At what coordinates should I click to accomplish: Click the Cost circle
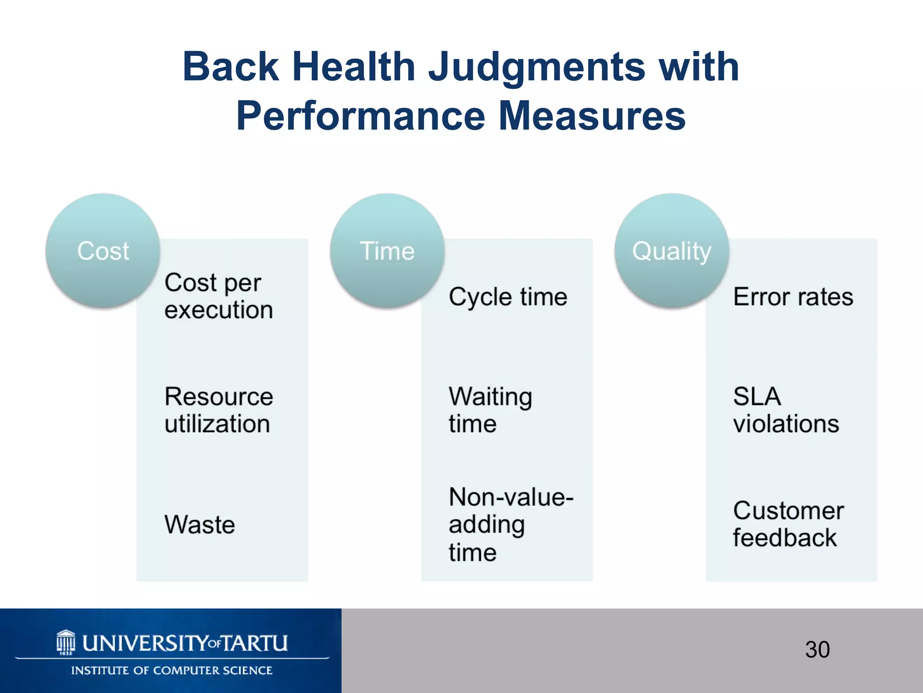(103, 251)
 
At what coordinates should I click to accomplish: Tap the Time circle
(387, 251)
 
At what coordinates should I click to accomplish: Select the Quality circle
(672, 251)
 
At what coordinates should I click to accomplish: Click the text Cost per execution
(219, 296)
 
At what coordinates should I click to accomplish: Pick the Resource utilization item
(219, 410)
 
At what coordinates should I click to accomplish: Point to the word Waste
(200, 524)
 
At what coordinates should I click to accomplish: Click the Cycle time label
(508, 297)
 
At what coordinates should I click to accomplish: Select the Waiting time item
(490, 410)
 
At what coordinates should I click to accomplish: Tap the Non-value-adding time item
(511, 524)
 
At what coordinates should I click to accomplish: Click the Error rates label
(793, 297)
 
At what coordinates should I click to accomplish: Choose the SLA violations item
(786, 410)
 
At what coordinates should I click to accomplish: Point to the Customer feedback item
(788, 524)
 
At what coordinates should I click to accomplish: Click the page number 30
(817, 650)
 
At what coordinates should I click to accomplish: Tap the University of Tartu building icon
(66, 642)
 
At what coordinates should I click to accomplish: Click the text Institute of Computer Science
(172, 670)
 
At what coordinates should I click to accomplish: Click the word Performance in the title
(361, 116)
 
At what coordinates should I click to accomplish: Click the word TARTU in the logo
(255, 643)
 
